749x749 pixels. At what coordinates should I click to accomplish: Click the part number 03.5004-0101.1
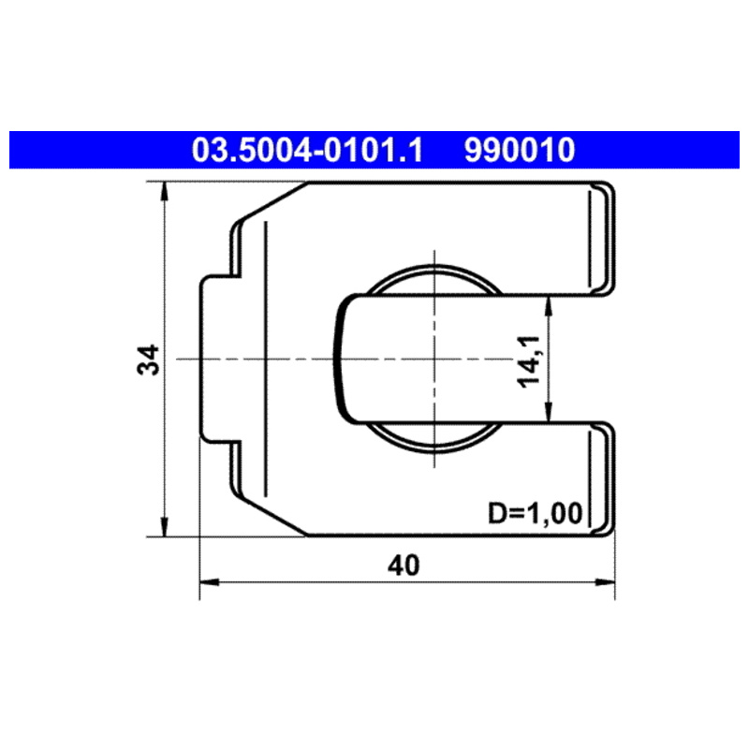coord(307,150)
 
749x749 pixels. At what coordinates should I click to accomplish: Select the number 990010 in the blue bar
coord(520,150)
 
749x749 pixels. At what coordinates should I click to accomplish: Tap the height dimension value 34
coord(149,360)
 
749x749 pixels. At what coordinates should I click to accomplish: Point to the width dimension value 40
coord(404,565)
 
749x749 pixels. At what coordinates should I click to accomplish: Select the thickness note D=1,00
coord(535,513)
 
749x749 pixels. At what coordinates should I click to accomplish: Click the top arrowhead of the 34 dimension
coord(165,192)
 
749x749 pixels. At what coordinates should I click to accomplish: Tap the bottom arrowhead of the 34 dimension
coord(165,527)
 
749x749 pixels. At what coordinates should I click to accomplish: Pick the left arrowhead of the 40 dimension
coord(209,582)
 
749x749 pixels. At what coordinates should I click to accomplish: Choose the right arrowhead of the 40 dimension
coord(605,582)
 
